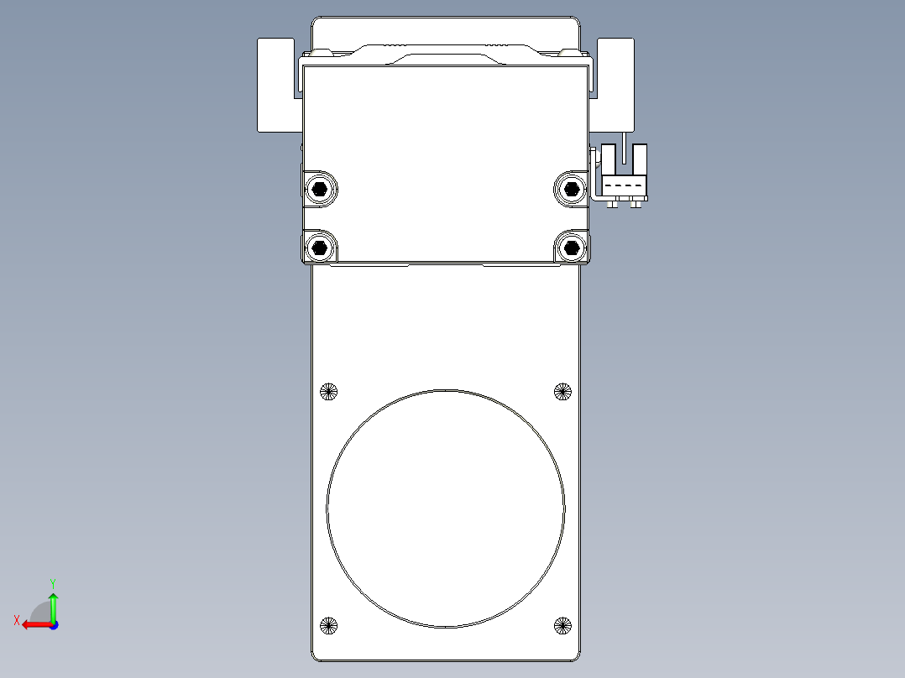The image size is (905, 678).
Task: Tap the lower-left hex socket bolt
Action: coord(319,247)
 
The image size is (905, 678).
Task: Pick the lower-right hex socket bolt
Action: coord(572,247)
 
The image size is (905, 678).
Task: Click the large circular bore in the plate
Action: coord(446,508)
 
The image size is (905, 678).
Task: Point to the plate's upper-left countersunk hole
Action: coord(328,390)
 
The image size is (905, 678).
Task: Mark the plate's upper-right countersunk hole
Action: coord(562,390)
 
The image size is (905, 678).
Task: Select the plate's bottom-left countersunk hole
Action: coord(328,624)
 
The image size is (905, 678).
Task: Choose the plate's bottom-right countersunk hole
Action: coord(562,624)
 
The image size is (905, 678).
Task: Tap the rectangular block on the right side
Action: coord(616,84)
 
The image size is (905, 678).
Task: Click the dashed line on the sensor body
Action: coord(624,185)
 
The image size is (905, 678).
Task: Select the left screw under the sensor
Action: coord(613,204)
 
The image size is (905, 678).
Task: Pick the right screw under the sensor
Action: coord(636,204)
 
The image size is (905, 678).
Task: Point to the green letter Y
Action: coord(52,582)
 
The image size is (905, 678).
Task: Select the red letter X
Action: coord(16,620)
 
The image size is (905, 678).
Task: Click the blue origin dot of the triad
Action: coord(53,624)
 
